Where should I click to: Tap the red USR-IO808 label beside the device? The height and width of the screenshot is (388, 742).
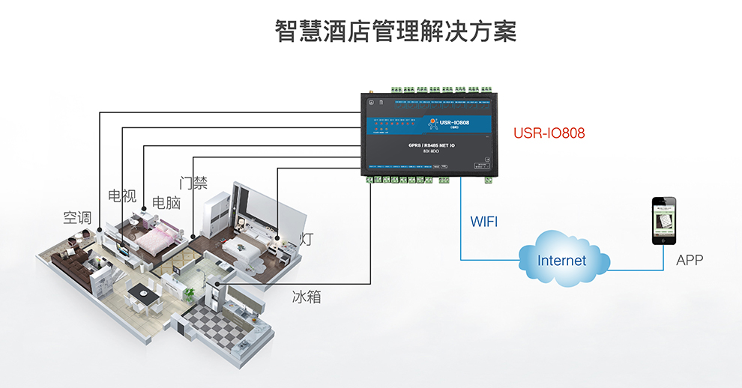coord(549,133)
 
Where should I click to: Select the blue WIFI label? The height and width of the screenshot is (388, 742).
coord(483,222)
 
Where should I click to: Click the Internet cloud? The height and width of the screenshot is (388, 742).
coord(562,260)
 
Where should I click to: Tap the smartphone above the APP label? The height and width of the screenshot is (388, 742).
coord(663,221)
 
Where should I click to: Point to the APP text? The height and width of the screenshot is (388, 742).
coord(690,261)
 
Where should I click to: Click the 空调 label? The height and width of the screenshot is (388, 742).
coord(77,218)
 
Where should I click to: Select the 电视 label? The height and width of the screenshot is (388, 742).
coord(122,196)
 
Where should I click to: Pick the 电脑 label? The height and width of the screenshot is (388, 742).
coord(166,203)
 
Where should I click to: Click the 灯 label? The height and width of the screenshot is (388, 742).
coord(306,240)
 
